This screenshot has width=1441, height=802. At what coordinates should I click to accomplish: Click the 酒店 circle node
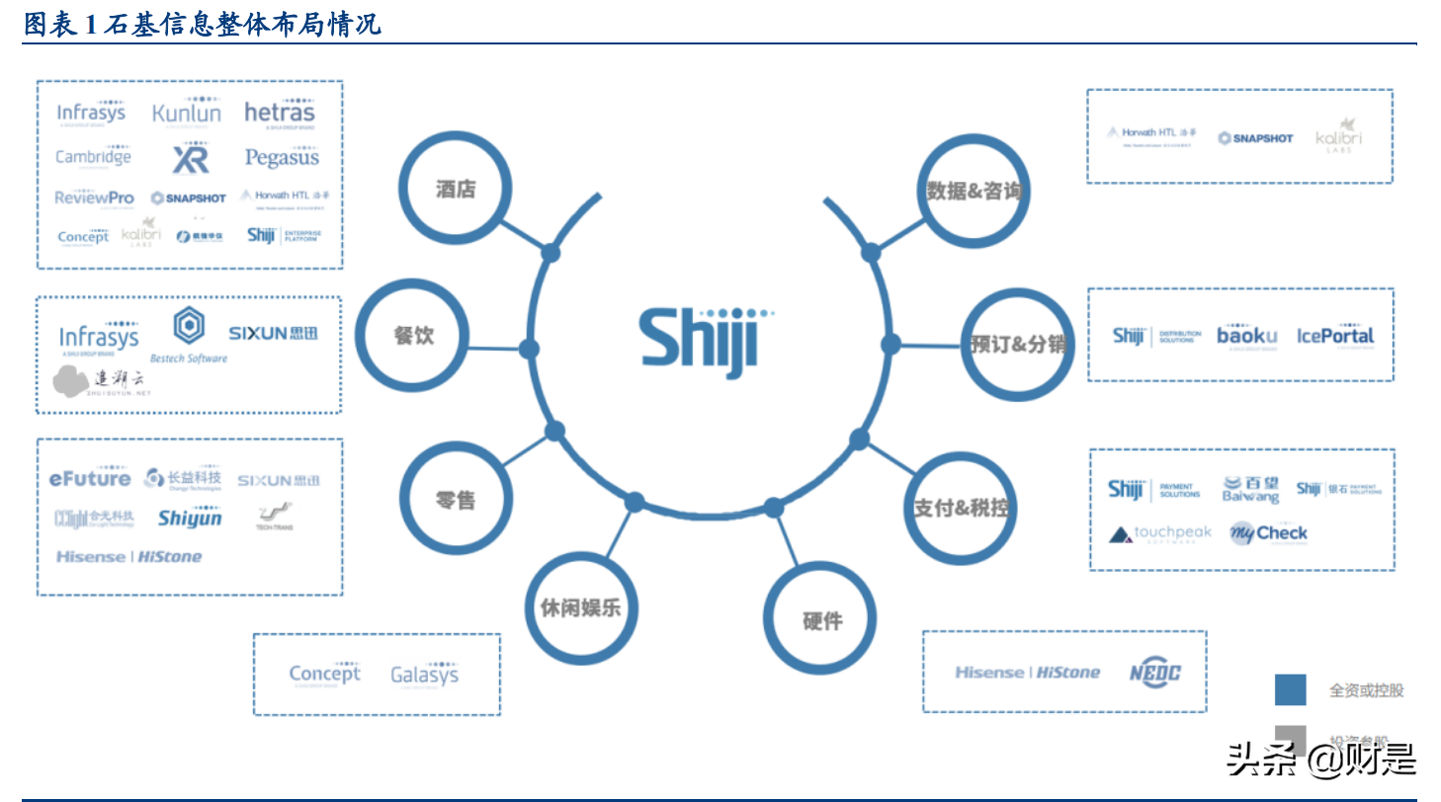456,190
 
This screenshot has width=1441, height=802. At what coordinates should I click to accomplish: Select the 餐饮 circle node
414,335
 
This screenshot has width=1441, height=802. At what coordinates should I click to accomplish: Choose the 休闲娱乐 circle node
580,606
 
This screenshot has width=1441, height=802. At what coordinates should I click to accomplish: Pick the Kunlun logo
187,113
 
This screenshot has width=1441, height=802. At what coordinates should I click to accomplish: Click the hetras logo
280,113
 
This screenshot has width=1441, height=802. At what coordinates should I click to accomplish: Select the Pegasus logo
282,157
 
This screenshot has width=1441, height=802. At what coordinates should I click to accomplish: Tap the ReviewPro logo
94,198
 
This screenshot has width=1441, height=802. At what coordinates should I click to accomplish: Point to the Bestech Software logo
189,336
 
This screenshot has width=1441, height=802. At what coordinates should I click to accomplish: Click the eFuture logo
90,479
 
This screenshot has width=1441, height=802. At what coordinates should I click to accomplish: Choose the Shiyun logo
190,518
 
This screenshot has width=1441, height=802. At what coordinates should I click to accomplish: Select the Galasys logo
424,676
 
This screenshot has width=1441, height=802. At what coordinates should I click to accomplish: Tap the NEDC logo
1155,673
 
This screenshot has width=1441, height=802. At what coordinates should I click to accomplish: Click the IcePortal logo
1335,336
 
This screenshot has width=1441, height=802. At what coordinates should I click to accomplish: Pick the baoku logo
1246,336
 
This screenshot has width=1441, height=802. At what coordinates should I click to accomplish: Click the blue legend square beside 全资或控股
1290,689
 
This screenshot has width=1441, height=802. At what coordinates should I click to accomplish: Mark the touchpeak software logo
1159,534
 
